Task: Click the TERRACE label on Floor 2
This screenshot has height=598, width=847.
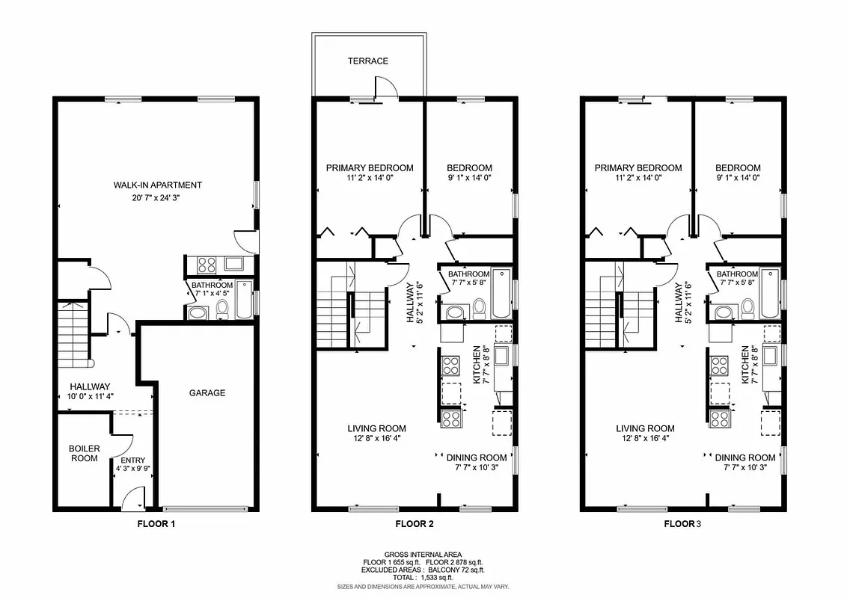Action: (x=367, y=61)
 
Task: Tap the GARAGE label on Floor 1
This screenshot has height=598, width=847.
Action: (x=207, y=392)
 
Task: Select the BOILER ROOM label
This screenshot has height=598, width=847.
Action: (x=84, y=453)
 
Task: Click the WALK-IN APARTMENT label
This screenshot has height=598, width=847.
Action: (x=158, y=185)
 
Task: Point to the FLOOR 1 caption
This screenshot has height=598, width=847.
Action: (x=156, y=524)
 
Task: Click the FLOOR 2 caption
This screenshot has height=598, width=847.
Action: (x=415, y=524)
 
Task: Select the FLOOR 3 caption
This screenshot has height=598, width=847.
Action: (x=683, y=524)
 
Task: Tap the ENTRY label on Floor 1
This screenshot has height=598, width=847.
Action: (x=133, y=460)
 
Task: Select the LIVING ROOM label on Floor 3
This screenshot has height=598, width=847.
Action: (x=645, y=428)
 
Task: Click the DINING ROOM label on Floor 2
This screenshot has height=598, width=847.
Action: (x=477, y=457)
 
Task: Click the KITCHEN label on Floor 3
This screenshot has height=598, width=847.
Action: (x=745, y=365)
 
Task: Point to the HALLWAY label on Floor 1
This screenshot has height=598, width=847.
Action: (x=90, y=386)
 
